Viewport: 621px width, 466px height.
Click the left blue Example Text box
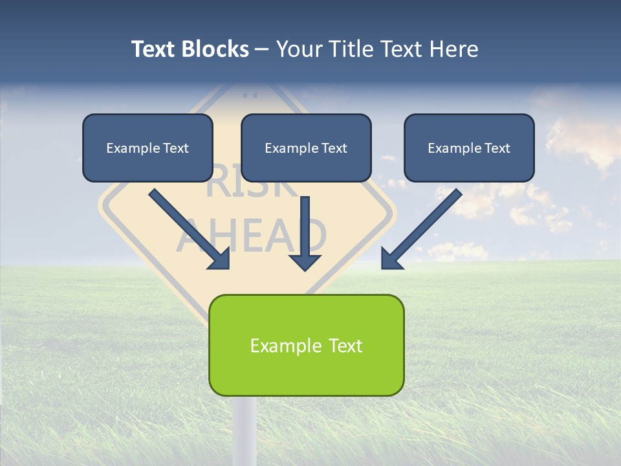(147, 148)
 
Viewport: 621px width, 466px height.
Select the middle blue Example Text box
(306, 148)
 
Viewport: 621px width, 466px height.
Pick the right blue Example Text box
(469, 148)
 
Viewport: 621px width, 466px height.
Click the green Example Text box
(306, 345)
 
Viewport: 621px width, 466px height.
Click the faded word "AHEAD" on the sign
(252, 235)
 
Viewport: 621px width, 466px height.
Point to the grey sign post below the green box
(245, 430)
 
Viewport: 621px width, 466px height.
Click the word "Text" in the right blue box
(497, 148)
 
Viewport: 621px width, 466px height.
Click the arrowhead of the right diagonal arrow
(392, 258)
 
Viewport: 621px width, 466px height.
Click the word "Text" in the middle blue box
(334, 148)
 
